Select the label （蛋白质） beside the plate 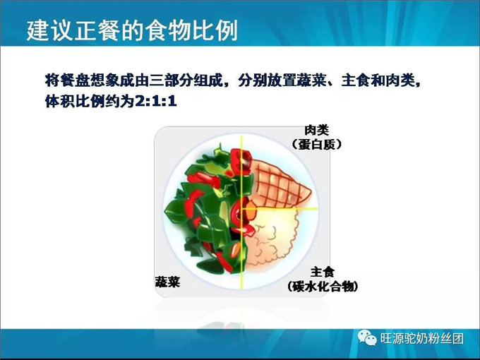point(316,144)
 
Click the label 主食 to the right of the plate point(323,272)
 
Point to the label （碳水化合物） point(323,286)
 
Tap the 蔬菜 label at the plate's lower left point(168,282)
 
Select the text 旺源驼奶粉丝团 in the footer point(422,338)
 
